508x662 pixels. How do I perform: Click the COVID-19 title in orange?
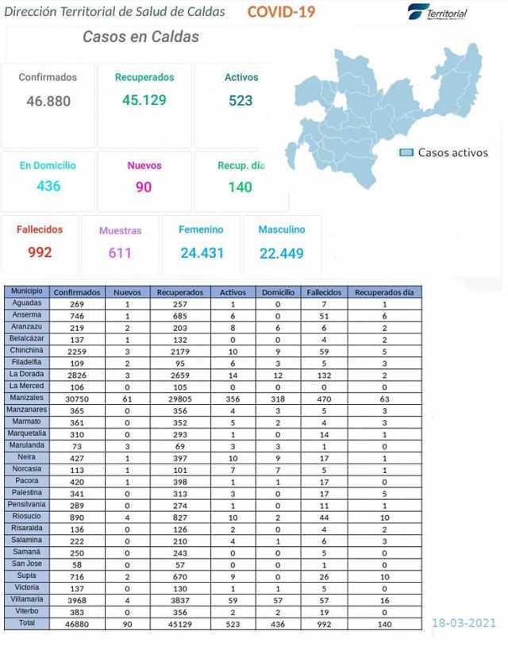281,11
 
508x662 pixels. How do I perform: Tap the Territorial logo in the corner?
437,13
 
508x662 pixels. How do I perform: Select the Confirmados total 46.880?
48,101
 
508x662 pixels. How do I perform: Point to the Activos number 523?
241,100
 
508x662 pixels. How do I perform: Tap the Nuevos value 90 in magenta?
144,187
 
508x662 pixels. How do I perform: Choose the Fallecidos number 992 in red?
39,252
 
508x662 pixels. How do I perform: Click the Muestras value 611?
120,253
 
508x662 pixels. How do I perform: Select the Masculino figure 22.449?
282,253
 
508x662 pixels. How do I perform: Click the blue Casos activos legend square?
406,152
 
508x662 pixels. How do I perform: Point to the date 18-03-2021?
464,622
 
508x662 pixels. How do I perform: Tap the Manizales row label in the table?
27,397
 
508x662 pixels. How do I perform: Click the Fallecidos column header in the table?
323,292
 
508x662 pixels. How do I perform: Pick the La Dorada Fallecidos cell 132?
323,374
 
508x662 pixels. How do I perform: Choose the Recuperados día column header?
384,292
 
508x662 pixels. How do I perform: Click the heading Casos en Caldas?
140,37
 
